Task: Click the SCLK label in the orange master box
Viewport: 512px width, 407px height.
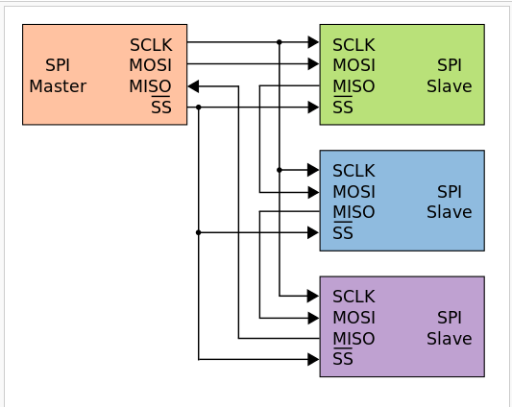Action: tap(151, 45)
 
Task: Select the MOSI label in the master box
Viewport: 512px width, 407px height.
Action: tap(150, 65)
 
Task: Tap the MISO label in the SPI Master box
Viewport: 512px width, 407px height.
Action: tap(150, 86)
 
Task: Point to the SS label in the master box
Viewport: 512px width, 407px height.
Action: tap(161, 107)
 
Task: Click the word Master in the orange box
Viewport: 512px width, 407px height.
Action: tap(58, 86)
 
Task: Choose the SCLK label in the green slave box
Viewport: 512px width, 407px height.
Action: tap(354, 45)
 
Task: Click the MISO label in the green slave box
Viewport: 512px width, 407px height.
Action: tap(354, 86)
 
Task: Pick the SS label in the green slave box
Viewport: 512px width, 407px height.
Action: tap(343, 107)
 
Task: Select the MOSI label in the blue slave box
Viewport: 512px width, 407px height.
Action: tap(354, 192)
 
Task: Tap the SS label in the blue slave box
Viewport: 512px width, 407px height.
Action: tap(343, 232)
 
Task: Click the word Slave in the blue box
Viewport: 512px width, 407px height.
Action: tap(450, 212)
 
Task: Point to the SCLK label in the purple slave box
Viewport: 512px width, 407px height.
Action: tap(354, 297)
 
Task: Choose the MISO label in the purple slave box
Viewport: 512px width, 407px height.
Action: tap(354, 339)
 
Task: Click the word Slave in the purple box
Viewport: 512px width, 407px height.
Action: tap(450, 339)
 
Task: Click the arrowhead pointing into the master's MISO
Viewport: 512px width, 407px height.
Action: tap(193, 86)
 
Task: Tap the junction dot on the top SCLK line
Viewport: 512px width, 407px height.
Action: tap(280, 42)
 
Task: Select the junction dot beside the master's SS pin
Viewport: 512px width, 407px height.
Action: tap(199, 108)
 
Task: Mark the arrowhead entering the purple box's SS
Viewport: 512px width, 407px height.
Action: tap(313, 359)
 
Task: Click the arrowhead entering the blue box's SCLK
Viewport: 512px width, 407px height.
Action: tap(313, 170)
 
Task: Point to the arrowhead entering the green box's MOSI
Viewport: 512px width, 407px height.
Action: tap(313, 63)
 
